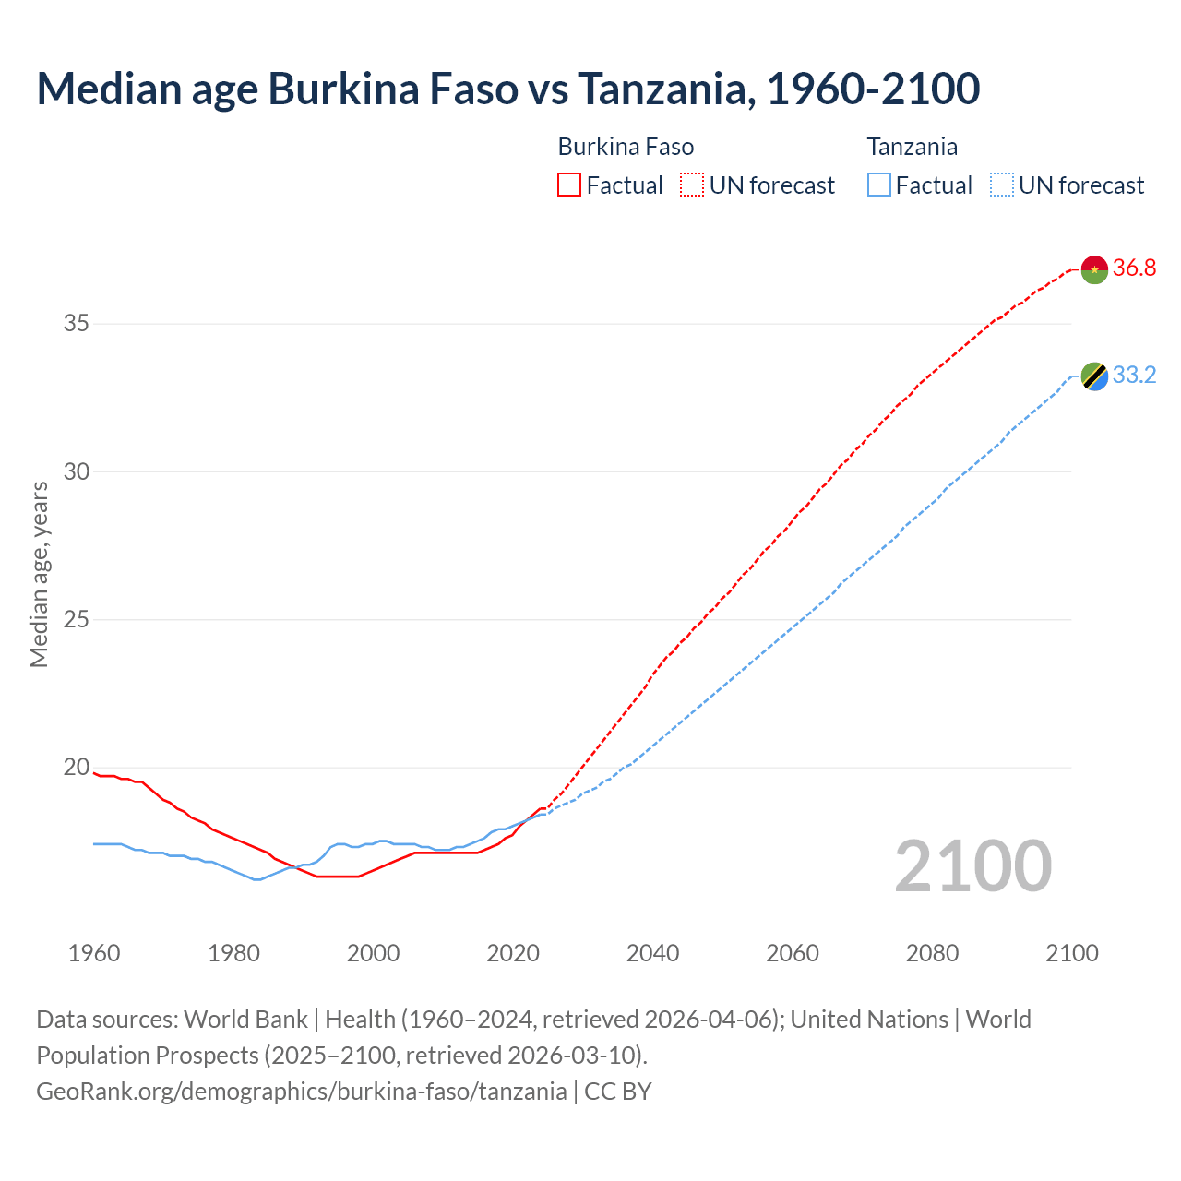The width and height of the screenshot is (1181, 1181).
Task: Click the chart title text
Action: tap(507, 89)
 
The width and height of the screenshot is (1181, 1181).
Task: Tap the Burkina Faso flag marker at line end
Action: tap(1094, 268)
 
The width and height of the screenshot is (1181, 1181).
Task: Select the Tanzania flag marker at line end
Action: tap(1094, 376)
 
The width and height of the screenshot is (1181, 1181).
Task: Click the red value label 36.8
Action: tap(1134, 268)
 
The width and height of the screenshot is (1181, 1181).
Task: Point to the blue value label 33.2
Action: tap(1134, 376)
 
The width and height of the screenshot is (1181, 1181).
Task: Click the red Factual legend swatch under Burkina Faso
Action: tap(569, 185)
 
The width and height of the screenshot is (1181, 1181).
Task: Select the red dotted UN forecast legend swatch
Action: tap(692, 185)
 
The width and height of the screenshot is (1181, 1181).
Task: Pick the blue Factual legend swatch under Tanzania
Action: tap(879, 185)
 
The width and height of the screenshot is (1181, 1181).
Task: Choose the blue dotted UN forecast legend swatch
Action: tap(1002, 185)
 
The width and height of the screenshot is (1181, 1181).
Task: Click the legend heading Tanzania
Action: tap(912, 147)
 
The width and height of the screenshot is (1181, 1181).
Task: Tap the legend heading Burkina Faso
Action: tap(626, 147)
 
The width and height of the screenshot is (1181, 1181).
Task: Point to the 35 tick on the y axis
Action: tap(76, 323)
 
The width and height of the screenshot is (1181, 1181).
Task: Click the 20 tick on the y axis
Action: tap(76, 768)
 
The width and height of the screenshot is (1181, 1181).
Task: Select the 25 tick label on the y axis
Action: tap(76, 619)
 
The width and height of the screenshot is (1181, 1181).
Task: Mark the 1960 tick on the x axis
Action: tap(94, 953)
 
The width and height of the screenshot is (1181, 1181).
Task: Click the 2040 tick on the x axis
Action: tap(652, 953)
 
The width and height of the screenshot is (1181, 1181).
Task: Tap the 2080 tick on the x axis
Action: tap(932, 953)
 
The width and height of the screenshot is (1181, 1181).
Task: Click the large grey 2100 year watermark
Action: tap(972, 865)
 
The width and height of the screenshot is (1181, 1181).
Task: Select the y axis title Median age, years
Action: tap(39, 574)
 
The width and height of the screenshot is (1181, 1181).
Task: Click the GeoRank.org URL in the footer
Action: tap(301, 1091)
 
